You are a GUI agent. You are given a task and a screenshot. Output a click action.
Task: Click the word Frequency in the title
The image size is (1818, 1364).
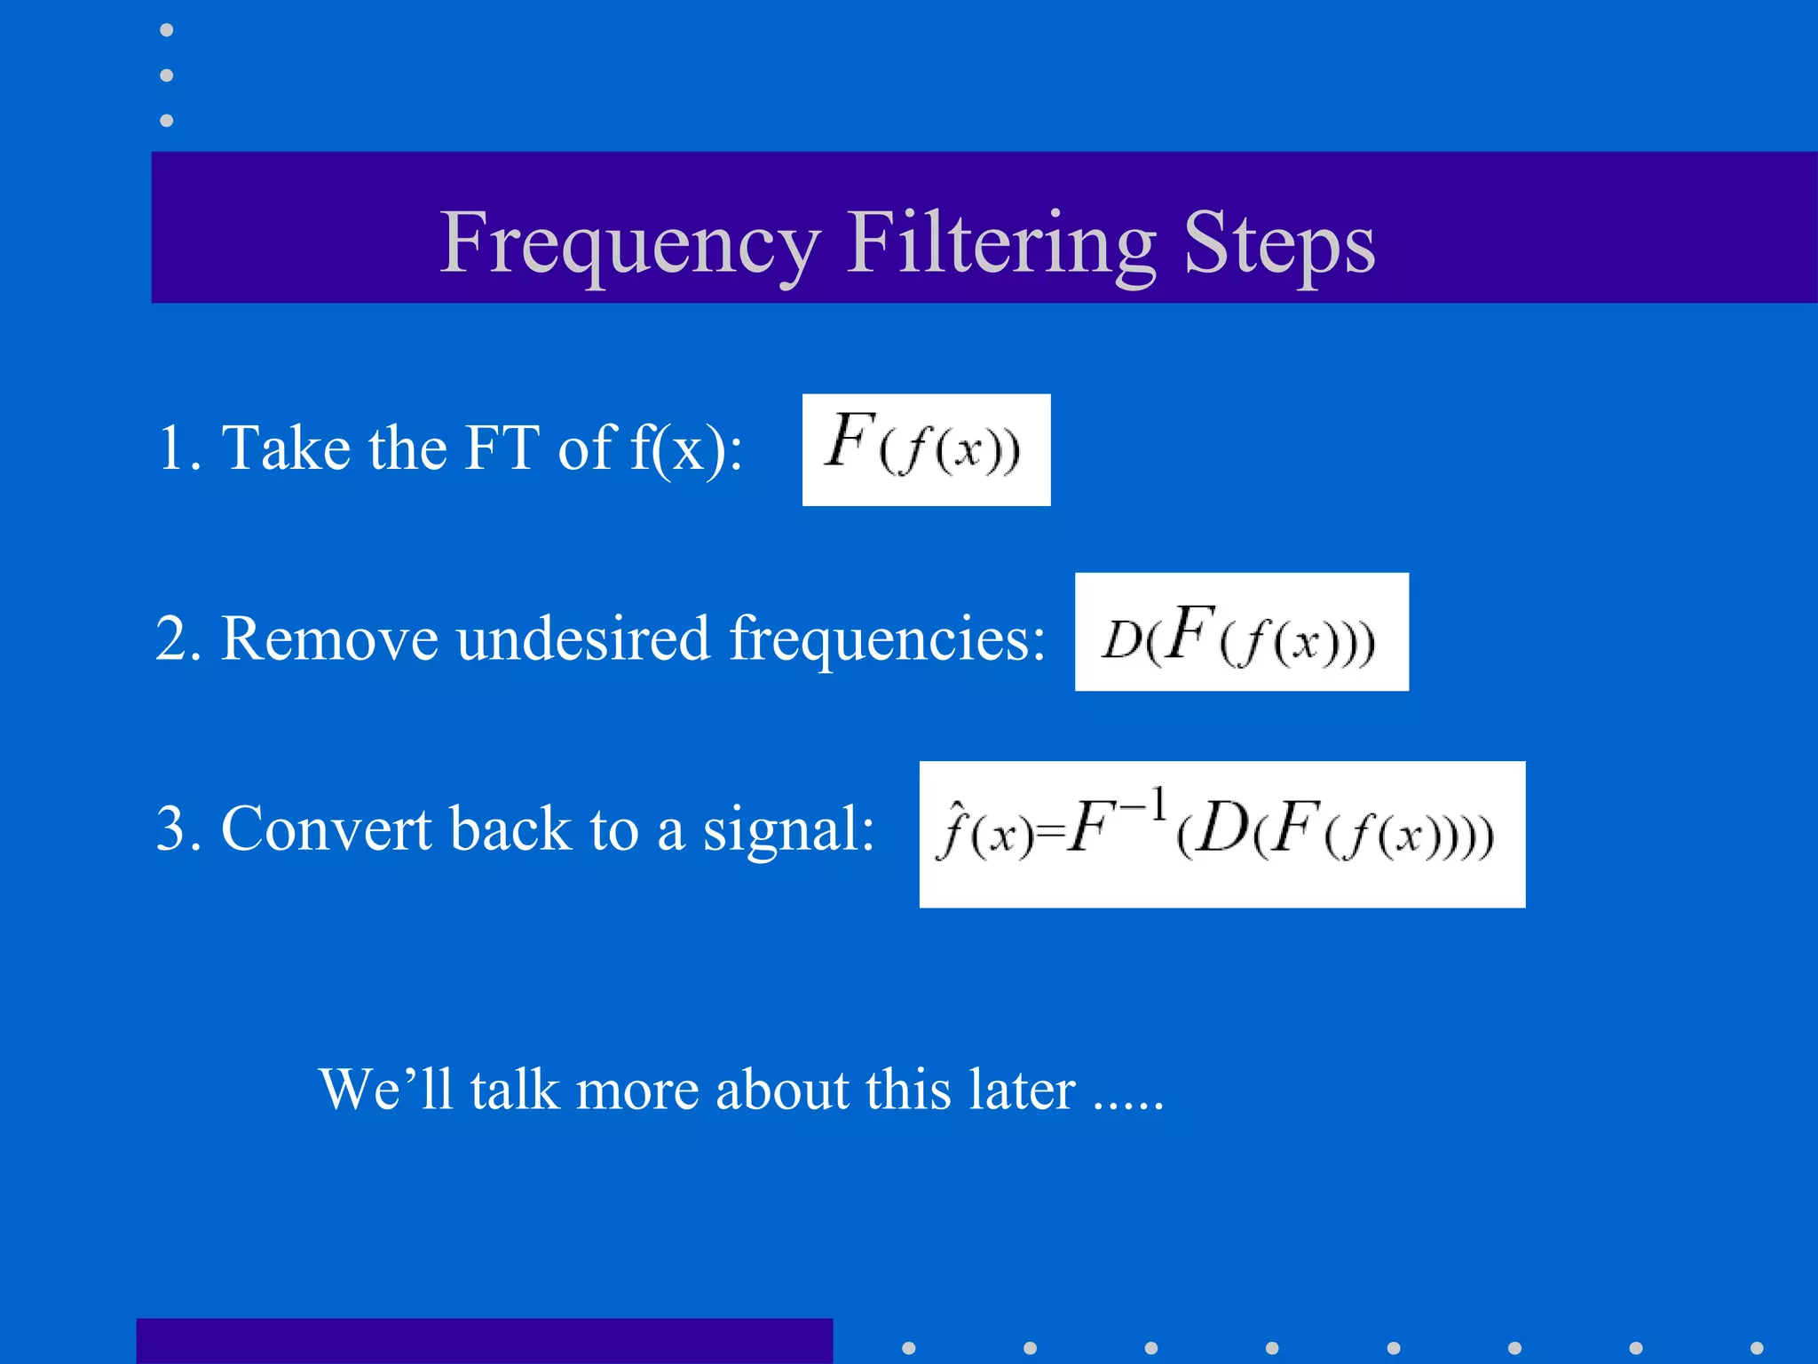pyautogui.click(x=629, y=243)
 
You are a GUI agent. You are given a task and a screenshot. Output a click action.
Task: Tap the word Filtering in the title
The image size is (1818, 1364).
pyautogui.click(x=1001, y=243)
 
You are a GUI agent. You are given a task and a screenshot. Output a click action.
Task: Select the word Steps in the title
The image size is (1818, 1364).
pyautogui.click(x=1279, y=243)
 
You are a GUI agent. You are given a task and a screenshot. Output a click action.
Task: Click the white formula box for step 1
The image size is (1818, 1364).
pyautogui.click(x=926, y=449)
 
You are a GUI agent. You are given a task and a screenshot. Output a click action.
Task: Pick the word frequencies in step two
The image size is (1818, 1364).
pyautogui.click(x=887, y=639)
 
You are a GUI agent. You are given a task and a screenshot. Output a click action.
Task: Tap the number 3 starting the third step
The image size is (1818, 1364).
pyautogui.click(x=171, y=829)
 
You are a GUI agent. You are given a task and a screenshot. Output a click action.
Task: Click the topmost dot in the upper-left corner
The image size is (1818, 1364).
pyautogui.click(x=166, y=30)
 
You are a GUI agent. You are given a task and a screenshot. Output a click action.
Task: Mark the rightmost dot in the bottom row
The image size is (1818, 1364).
pyautogui.click(x=1756, y=1348)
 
